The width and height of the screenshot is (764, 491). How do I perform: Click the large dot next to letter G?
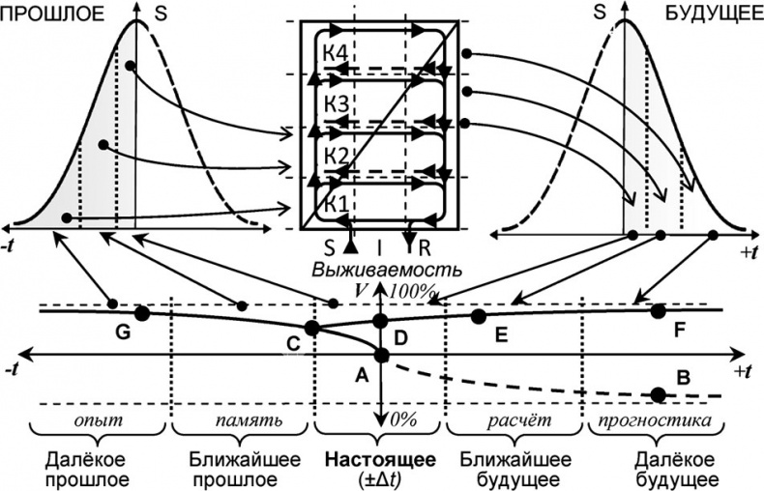142,313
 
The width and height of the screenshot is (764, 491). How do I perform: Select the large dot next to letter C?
311,328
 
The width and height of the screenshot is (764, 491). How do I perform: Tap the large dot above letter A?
381,356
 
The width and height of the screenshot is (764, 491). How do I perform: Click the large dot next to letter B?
659,393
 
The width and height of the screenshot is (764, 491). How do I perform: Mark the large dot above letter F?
659,310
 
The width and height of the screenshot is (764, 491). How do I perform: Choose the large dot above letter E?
477,315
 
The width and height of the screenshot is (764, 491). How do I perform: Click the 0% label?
401,419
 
